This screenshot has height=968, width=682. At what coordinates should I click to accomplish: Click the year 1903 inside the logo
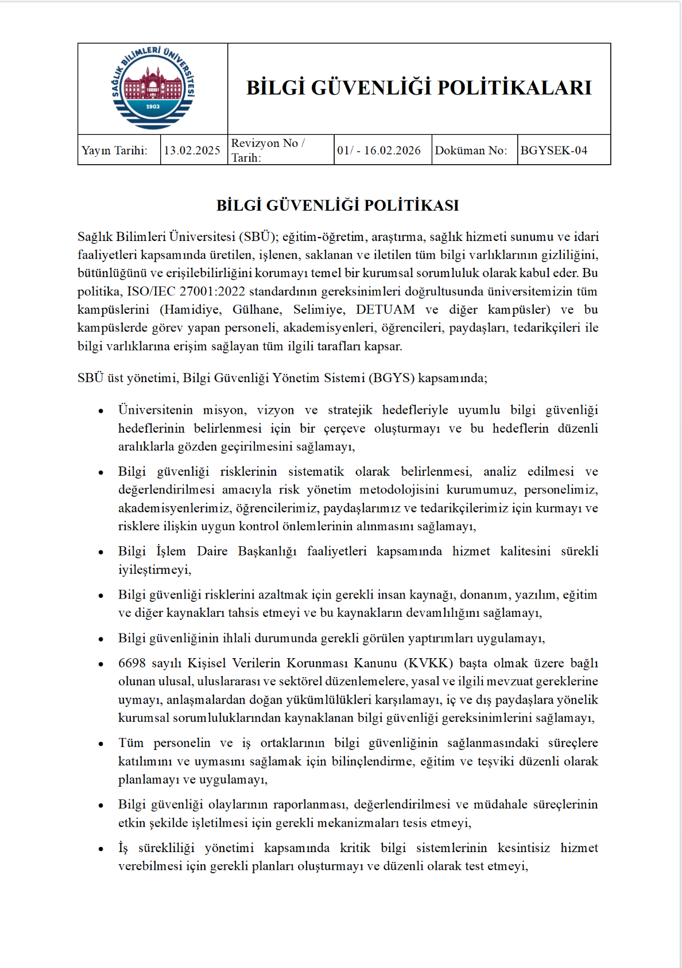click(153, 106)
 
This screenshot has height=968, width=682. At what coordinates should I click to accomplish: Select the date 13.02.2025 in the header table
click(192, 150)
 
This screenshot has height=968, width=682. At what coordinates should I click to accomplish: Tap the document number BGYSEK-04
click(553, 150)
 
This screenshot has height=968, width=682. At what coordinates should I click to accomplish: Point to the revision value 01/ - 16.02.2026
click(379, 150)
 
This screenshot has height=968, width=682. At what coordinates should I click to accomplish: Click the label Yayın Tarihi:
click(114, 150)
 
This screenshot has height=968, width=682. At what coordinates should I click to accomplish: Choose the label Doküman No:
click(471, 150)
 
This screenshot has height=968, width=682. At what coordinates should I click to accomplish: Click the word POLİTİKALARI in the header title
click(514, 88)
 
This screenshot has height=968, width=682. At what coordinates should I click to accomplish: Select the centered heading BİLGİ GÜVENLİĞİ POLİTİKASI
click(338, 205)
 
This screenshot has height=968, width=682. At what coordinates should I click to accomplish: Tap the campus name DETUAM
click(385, 310)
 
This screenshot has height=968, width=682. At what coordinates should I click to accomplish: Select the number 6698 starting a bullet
click(131, 663)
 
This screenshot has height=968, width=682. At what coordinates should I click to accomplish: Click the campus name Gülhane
click(257, 310)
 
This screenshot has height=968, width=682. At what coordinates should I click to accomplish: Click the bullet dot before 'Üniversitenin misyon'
click(101, 411)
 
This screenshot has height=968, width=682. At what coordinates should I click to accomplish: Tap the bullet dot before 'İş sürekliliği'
click(101, 849)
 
